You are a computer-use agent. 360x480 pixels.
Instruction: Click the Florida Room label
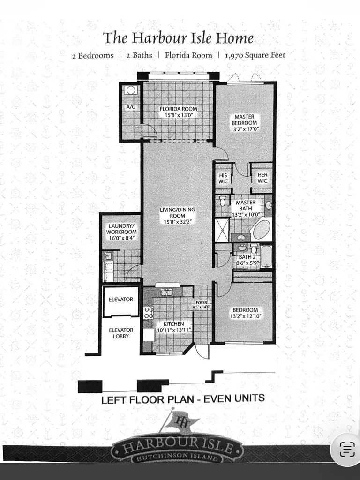pos(178,109)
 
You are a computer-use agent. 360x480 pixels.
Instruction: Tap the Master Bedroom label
pos(244,120)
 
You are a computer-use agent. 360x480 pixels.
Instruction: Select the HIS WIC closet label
pos(223,178)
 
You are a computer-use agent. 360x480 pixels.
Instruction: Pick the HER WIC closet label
pos(262,178)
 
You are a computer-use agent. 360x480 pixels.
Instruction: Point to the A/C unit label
pos(131,107)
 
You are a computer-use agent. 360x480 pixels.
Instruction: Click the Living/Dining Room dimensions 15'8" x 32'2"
pos(178,222)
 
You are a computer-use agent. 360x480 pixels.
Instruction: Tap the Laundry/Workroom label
pos(121,229)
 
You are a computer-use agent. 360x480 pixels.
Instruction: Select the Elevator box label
pos(121,300)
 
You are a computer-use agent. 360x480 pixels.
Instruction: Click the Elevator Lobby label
pos(121,333)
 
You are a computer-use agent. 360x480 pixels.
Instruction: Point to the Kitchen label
pos(173,324)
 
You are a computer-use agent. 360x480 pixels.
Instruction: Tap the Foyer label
pos(202,303)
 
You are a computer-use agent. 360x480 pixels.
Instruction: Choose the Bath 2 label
pos(247,257)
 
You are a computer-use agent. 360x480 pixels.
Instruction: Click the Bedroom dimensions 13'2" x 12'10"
pos(246,316)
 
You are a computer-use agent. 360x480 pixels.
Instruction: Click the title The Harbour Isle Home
pos(179,38)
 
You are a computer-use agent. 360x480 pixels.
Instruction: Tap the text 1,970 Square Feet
pos(255,55)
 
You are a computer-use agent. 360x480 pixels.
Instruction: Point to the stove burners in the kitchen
pos(149,313)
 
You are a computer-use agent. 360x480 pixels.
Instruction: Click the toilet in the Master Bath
pos(223,201)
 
